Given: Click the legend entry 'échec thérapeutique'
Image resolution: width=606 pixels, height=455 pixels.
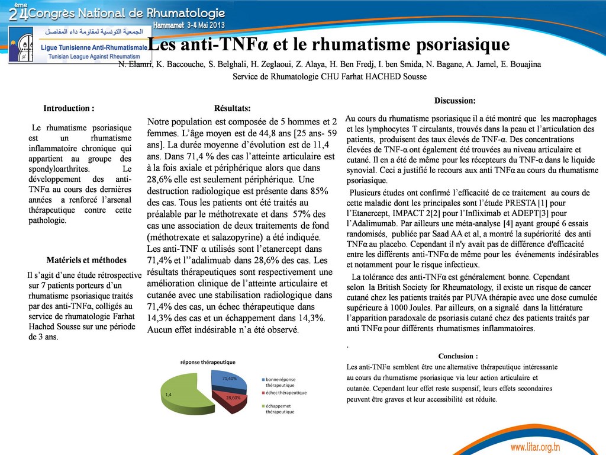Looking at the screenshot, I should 286,393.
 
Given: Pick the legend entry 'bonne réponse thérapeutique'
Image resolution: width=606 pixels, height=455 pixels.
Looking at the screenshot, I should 281,382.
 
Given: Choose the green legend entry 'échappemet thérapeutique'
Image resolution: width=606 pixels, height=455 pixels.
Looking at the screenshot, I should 280,408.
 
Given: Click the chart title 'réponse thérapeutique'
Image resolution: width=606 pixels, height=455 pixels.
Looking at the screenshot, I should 208,361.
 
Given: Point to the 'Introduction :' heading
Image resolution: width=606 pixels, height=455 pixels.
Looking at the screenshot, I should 69,108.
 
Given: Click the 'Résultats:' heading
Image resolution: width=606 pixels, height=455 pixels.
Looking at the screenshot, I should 232,108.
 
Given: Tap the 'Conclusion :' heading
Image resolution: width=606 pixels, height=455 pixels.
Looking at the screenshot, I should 457,356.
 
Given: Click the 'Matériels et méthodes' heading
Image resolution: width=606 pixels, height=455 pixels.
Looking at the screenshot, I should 86,259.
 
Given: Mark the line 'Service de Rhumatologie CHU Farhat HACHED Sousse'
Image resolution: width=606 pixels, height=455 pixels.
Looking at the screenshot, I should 329,76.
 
